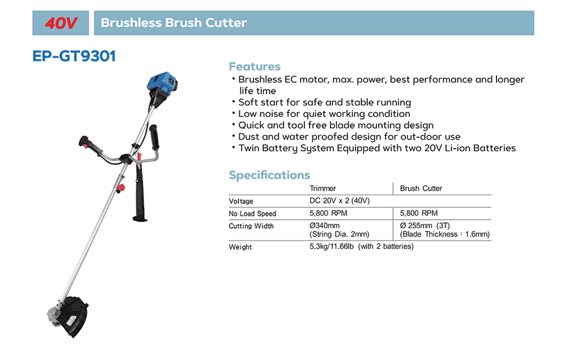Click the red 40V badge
click(x=61, y=23)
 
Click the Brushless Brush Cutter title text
click(x=173, y=23)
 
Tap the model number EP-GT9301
click(x=74, y=56)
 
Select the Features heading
click(x=255, y=67)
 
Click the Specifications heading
click(x=270, y=175)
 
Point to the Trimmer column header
click(x=323, y=188)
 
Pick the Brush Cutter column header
click(x=421, y=188)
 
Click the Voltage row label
click(x=241, y=201)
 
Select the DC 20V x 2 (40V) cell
click(x=339, y=200)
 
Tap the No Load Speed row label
click(x=252, y=214)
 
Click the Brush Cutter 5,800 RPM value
click(x=419, y=213)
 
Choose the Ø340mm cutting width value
click(x=325, y=226)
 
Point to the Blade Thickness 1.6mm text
click(x=445, y=234)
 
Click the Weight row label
click(x=240, y=248)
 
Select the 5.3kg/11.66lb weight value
click(x=332, y=246)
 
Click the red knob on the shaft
click(x=120, y=188)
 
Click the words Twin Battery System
click(x=286, y=148)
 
